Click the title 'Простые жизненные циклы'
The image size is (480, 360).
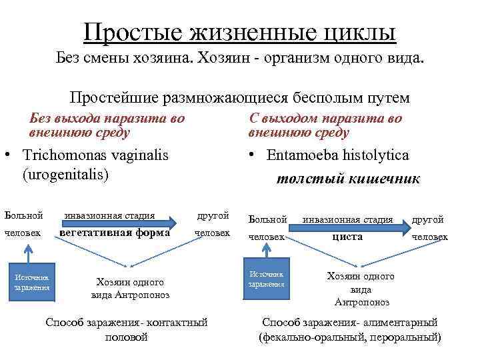pos(240,31)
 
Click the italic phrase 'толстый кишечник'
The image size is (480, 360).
pos(347,178)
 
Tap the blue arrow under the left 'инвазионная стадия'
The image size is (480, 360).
pos(120,224)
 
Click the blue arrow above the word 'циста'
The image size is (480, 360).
pos(353,228)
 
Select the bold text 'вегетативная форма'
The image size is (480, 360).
pos(114,234)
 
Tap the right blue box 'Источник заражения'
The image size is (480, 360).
pos(267,279)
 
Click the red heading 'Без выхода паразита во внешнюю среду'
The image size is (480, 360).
pos(107,125)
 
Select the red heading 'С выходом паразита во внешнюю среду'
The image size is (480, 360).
pos(325,125)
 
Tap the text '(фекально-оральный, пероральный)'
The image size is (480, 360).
pos(349,337)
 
